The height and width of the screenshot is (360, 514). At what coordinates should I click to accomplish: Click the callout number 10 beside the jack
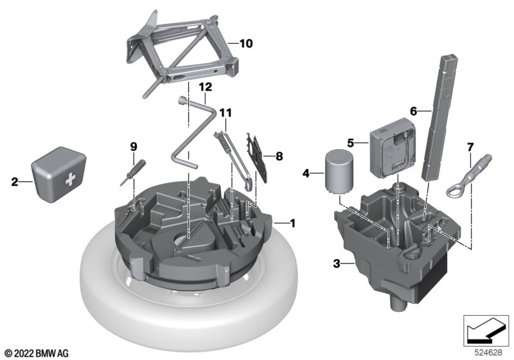click(246, 43)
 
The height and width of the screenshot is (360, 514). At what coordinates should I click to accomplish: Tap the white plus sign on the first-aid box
click(71, 179)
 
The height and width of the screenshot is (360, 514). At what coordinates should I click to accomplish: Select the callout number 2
click(15, 182)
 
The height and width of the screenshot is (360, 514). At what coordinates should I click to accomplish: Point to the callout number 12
click(206, 87)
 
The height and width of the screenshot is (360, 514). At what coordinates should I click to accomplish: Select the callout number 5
click(351, 143)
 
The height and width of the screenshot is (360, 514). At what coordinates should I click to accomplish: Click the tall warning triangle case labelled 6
click(441, 118)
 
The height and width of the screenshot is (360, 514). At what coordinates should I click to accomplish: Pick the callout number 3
click(337, 264)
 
